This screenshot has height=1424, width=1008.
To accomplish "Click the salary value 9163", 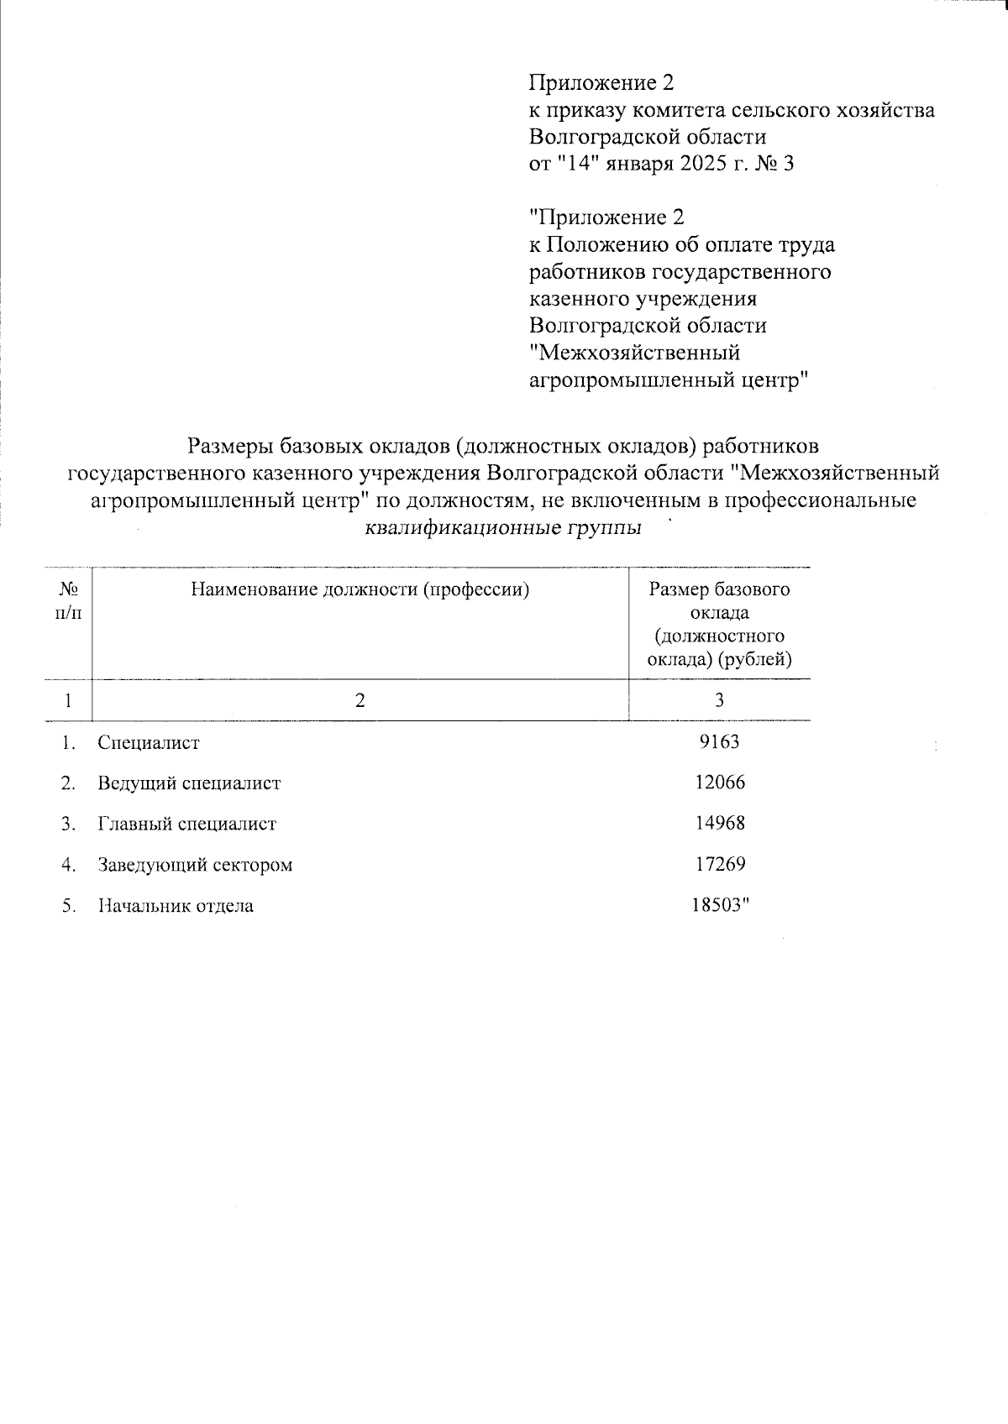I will [719, 742].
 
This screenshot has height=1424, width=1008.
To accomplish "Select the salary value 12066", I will [719, 783].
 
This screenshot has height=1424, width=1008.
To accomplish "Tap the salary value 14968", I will [719, 824].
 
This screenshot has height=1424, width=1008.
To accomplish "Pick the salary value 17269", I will [719, 864].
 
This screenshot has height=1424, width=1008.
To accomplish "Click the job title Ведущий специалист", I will [189, 783].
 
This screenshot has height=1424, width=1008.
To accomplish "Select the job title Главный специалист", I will [186, 825].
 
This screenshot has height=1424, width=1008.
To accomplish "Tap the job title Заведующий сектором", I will [195, 865].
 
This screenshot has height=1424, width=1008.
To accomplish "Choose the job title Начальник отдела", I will [176, 906].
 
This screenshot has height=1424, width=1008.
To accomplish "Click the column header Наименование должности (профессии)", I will [360, 589].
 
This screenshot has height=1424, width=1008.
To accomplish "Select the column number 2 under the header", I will [360, 700].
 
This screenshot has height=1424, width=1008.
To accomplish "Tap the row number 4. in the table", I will [69, 865].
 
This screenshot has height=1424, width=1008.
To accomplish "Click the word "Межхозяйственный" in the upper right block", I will [634, 353].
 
